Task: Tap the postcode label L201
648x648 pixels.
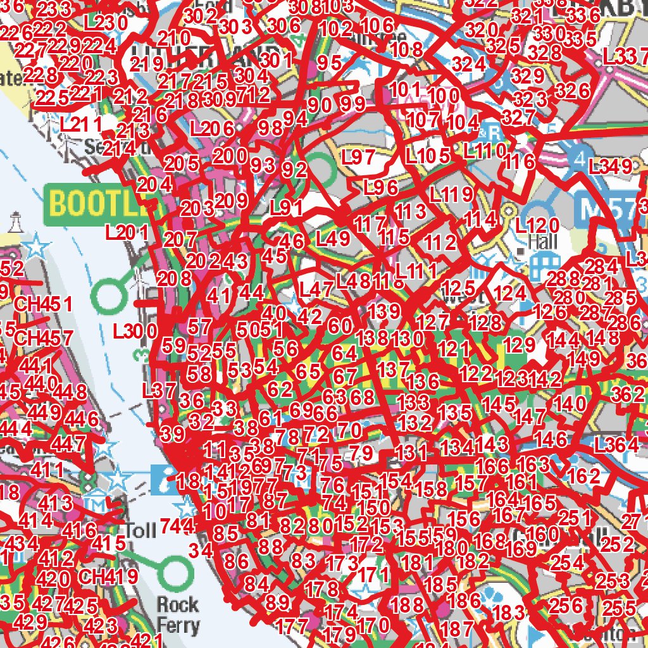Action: click(x=127, y=232)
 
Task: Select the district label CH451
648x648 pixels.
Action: click(x=42, y=304)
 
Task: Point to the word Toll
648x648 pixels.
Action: click(x=140, y=530)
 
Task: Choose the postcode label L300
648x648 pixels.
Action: click(x=135, y=330)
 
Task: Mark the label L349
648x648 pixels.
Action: click(x=609, y=168)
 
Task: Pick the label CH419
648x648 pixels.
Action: click(x=108, y=576)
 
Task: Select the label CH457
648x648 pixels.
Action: click(x=42, y=337)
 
